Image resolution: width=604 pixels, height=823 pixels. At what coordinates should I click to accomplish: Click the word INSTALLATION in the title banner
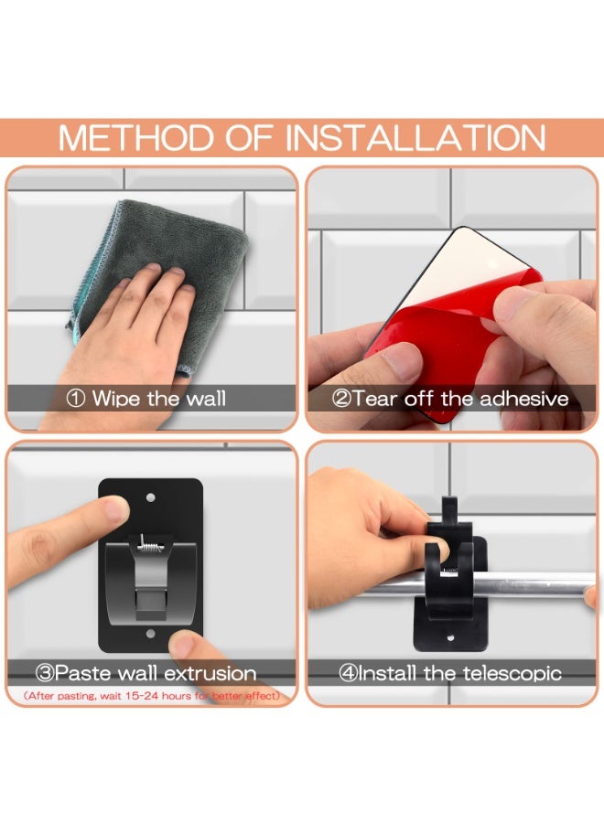coord(415,138)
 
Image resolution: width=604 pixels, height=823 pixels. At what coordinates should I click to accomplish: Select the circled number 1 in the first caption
coord(76,399)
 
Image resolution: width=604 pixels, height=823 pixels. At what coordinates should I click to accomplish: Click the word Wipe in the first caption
coord(116,399)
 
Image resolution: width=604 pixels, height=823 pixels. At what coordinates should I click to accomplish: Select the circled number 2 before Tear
coord(341,399)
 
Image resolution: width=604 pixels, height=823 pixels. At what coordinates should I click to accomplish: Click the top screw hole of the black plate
coord(150,497)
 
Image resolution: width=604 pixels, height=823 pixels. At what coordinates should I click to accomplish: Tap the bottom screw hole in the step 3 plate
coord(151,634)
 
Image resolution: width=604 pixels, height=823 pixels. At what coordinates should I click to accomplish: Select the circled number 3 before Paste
coord(45,673)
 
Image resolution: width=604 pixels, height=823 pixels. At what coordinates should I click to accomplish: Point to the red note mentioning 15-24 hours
coord(152,696)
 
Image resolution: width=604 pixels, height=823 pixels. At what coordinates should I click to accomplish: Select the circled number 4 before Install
coord(348,673)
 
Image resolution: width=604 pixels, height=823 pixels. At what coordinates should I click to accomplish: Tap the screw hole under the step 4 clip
coord(450,638)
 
